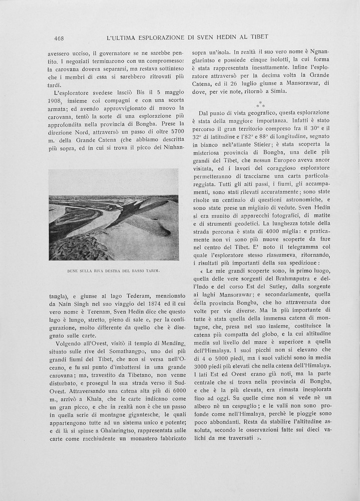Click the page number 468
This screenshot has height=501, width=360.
click(x=59, y=37)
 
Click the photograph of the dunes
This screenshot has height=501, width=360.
click(x=113, y=214)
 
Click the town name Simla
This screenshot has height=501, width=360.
click(x=276, y=91)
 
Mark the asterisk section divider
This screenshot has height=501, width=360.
click(x=259, y=104)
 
